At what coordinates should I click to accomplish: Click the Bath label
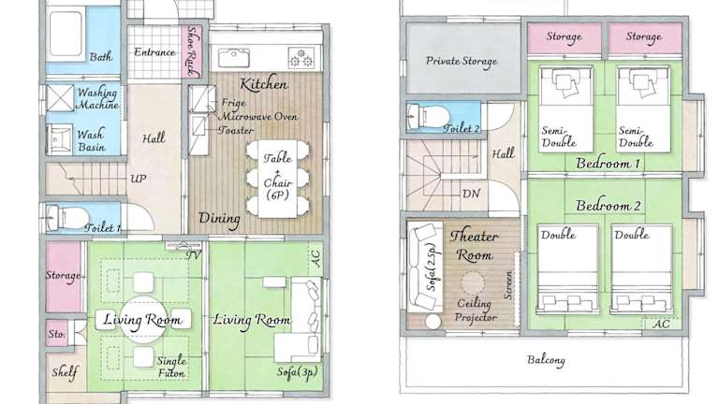coord(101,57)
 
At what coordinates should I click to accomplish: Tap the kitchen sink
coord(234,58)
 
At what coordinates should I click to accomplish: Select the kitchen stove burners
coord(301,58)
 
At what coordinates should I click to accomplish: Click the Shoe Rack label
coord(193,50)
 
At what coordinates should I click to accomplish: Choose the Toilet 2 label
coord(462,129)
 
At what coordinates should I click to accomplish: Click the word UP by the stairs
coord(138,179)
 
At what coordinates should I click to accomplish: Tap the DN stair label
coord(472,194)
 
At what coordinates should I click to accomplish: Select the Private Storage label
coord(462,62)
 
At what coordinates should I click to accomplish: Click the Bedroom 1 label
coord(608,163)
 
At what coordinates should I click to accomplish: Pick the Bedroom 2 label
coord(608,206)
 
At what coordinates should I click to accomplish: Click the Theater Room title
coord(475,246)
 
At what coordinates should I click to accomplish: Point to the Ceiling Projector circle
coord(472,283)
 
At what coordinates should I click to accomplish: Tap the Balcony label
coord(546,360)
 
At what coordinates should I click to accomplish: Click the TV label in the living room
coord(194,255)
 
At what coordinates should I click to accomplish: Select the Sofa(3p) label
coord(297,372)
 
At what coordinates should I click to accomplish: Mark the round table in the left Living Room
coord(141,320)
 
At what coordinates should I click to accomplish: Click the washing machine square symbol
coord(60,98)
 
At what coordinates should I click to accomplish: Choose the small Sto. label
coord(56,334)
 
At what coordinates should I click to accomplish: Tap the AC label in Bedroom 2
coord(661,324)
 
